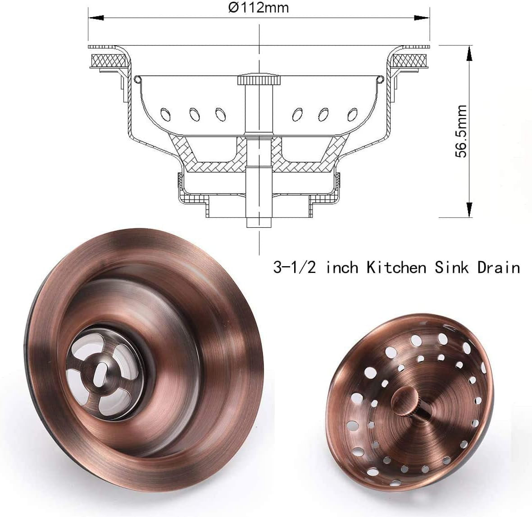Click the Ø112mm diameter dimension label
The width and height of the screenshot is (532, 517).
coord(258,8)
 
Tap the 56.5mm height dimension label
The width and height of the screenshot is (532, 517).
coord(461,131)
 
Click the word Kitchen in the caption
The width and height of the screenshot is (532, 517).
coord(396,268)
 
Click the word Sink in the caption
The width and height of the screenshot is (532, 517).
coord(451,268)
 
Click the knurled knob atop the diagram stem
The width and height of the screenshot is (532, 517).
coord(259,80)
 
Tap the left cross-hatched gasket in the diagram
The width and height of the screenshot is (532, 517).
coord(109,60)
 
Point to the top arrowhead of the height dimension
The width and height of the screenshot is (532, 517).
coord(469,55)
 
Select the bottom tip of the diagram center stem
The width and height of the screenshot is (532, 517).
coord(259,224)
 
